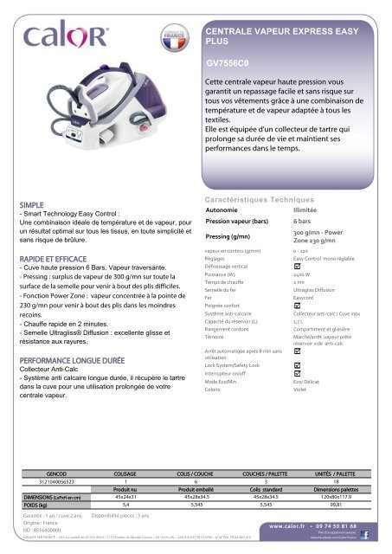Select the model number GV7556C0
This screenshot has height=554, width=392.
tap(229, 62)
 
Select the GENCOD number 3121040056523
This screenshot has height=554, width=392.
tap(57, 482)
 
